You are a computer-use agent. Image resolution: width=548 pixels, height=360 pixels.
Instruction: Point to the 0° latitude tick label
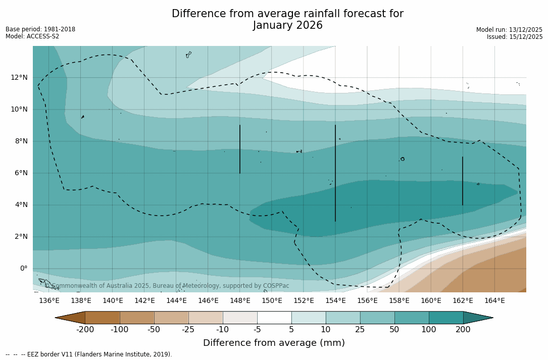point(24,268)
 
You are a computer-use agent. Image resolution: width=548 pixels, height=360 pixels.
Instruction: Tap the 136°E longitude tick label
point(49,300)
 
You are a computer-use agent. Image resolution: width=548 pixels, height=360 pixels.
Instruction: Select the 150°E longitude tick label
point(272,300)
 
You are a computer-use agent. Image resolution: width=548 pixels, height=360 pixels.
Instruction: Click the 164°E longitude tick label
point(494,300)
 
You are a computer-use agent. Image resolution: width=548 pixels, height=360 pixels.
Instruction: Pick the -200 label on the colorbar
point(85,330)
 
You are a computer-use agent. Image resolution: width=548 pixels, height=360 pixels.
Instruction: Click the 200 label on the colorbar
point(463,330)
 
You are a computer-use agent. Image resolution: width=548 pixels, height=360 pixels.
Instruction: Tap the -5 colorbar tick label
point(257,330)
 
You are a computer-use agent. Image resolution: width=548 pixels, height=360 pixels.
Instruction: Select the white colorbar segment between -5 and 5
point(274,318)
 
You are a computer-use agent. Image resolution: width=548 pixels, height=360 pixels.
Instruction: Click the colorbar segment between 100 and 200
point(446,318)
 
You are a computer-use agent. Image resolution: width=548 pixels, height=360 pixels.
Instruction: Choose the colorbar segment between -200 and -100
point(102,318)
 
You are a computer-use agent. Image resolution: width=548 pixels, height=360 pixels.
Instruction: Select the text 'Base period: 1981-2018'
point(40,29)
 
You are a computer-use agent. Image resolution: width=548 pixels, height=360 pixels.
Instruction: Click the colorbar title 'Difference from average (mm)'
point(274,343)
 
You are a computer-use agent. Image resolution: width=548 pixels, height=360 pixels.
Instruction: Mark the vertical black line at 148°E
point(240,149)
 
